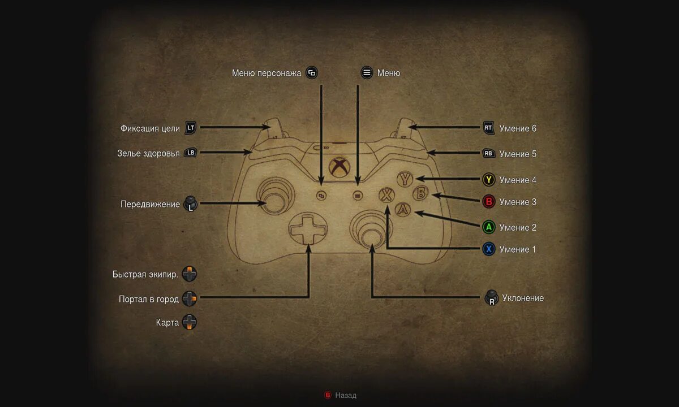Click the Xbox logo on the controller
(x=339, y=167)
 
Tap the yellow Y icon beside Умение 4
(x=489, y=180)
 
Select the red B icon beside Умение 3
(x=489, y=202)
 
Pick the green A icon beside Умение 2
(x=489, y=227)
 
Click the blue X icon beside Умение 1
(x=489, y=249)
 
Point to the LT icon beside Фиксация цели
(x=191, y=128)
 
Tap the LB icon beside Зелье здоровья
(x=191, y=153)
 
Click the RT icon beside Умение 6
(x=488, y=128)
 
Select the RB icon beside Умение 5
(x=488, y=153)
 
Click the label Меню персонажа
(x=267, y=73)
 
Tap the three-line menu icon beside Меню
(x=367, y=73)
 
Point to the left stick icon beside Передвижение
(x=191, y=204)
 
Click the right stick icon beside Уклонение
(x=492, y=298)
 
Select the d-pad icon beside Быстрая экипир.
(x=190, y=275)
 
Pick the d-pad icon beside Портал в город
(x=190, y=299)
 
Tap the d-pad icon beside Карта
(x=190, y=323)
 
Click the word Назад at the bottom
(x=346, y=396)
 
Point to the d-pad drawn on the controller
(x=308, y=228)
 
